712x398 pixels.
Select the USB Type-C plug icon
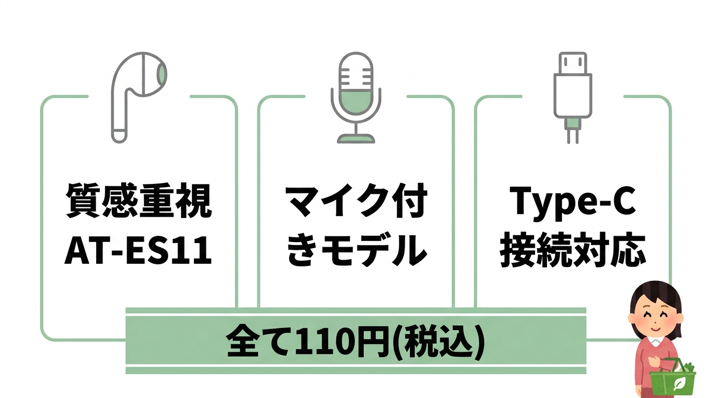click(x=572, y=96)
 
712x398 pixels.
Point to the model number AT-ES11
click(x=139, y=252)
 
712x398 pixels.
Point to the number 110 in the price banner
click(x=317, y=342)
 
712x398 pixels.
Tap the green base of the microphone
click(x=355, y=138)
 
